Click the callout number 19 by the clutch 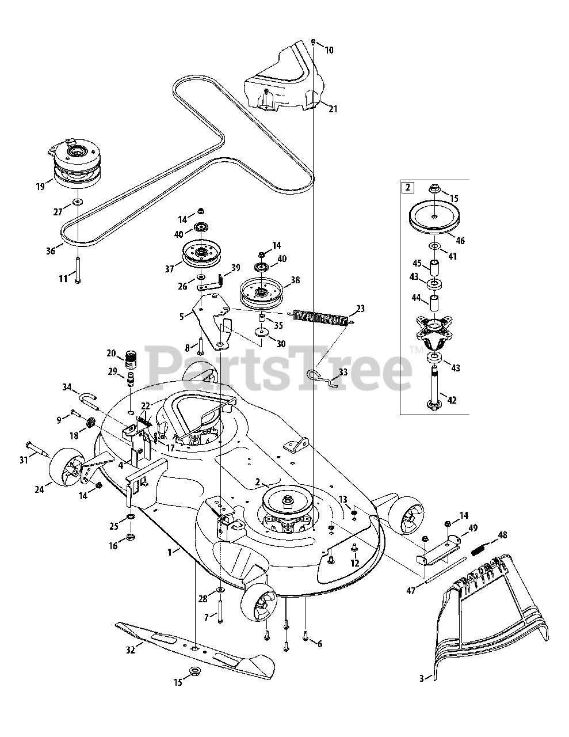tap(40, 186)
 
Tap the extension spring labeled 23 tap(320, 317)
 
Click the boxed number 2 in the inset tap(407, 187)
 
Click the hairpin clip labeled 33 tap(318, 375)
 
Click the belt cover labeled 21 tap(284, 81)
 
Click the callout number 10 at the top tap(329, 50)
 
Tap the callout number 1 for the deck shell tap(169, 551)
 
